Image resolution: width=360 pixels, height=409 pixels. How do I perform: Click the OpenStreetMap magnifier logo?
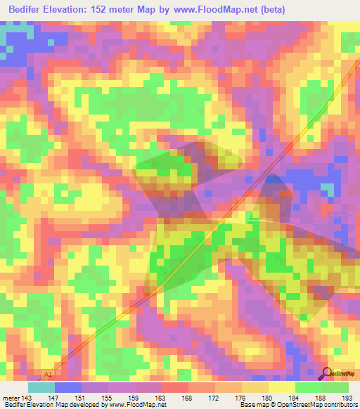pos(325,373)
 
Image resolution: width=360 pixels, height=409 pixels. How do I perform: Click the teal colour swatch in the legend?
pos(41,387)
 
